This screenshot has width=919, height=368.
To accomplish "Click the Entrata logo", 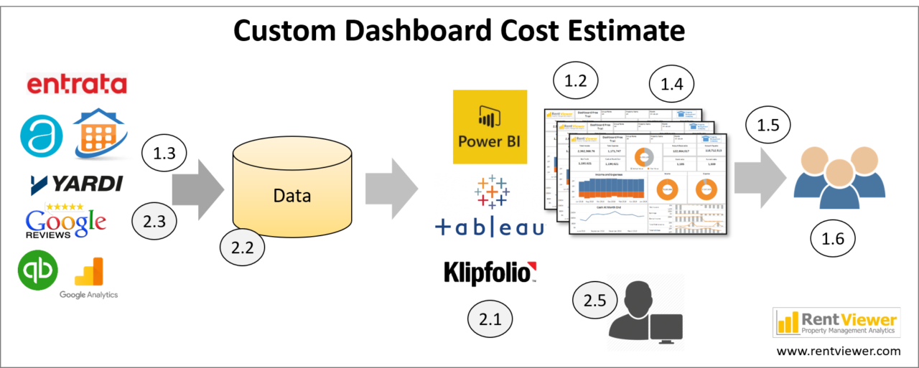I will [77, 84].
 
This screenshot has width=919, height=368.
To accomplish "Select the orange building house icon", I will [101, 135].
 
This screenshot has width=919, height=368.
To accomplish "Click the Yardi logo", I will [77, 185].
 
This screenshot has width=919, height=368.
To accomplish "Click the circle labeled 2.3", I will [154, 222].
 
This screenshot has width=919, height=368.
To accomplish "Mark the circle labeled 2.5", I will [594, 301].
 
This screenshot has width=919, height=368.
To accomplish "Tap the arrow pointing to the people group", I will [759, 176].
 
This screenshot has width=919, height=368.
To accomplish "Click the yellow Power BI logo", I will [490, 127].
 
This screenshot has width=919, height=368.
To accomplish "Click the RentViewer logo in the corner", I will [836, 322].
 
